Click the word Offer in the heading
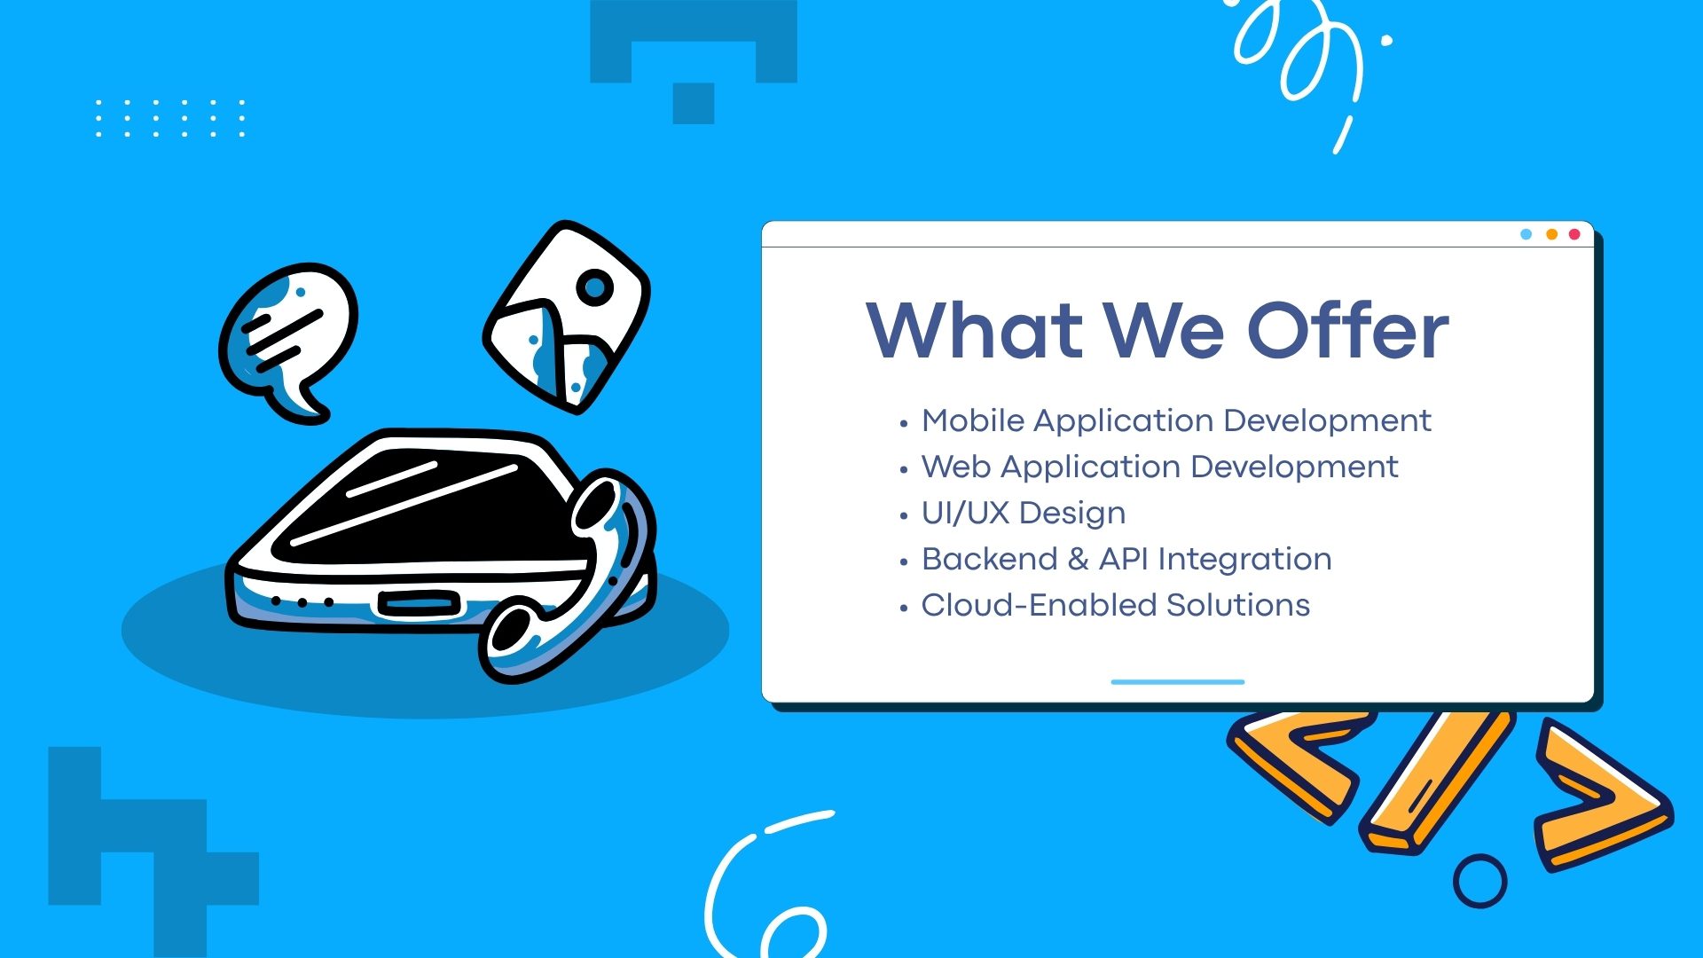pos(1348,330)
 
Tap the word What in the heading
pos(974,330)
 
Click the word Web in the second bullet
pos(956,467)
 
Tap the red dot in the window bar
pos(1574,234)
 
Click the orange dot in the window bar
pos(1551,234)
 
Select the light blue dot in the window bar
pos(1526,234)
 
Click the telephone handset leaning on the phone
pos(569,577)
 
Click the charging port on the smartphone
pos(419,603)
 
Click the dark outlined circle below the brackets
pos(1479,881)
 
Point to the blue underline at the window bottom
pos(1178,681)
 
